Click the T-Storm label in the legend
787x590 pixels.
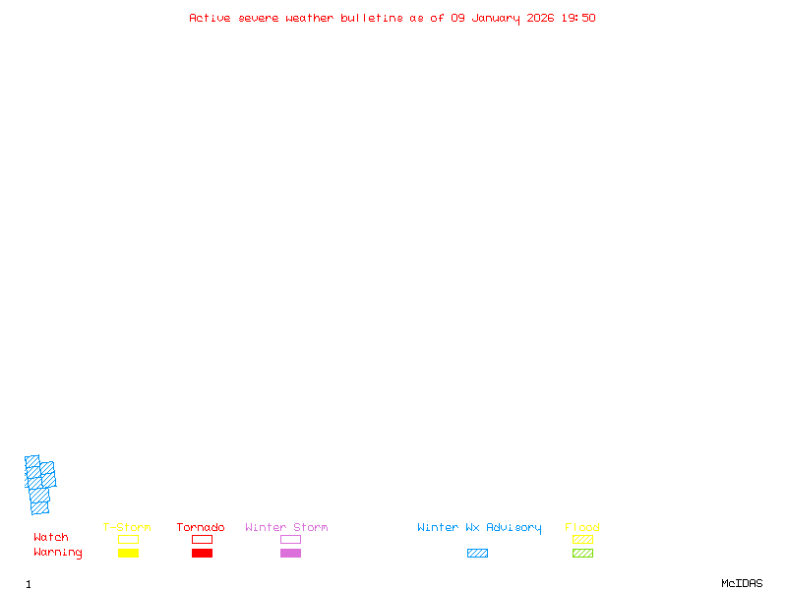tap(127, 528)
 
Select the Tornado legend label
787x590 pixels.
tap(201, 528)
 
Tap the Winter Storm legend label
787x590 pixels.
tap(286, 528)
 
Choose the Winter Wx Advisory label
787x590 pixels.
tap(479, 528)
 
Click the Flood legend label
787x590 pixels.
tap(582, 528)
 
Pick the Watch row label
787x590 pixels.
tap(51, 538)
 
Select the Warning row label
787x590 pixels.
tap(58, 553)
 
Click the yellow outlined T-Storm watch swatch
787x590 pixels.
tap(128, 539)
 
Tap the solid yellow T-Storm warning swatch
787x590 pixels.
tap(128, 553)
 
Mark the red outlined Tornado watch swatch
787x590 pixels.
tap(202, 539)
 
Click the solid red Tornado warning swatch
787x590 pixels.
tap(202, 553)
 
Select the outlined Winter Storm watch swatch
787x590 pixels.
tap(290, 539)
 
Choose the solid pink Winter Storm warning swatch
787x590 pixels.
tap(290, 553)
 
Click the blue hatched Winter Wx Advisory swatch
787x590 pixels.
tap(477, 553)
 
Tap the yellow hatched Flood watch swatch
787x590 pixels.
tap(582, 539)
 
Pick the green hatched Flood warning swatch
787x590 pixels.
tap(582, 553)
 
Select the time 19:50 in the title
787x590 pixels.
tap(578, 18)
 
